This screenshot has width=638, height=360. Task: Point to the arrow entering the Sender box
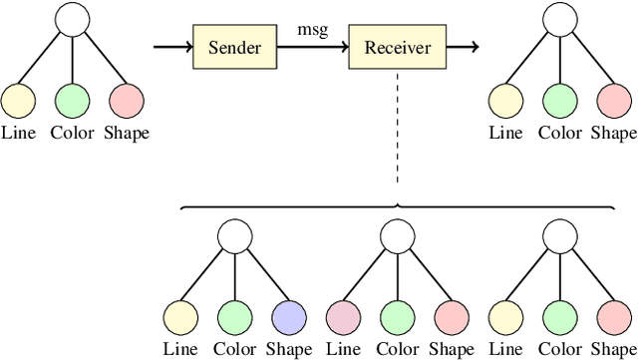171,47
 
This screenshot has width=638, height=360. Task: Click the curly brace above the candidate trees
397,207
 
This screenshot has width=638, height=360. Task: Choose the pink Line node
343,318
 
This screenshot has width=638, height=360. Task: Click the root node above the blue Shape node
234,236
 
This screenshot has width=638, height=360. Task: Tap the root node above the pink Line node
397,236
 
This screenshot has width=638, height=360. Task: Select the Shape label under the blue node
288,350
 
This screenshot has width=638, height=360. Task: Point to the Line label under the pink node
343,350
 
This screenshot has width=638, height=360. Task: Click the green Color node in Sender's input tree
73,101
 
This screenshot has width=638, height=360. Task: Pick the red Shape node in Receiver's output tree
614,101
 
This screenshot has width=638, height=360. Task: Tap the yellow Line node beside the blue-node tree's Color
180,318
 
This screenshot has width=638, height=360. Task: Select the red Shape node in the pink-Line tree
451,318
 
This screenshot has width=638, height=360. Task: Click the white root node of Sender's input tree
73,19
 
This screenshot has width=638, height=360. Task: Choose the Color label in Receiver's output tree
561,133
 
